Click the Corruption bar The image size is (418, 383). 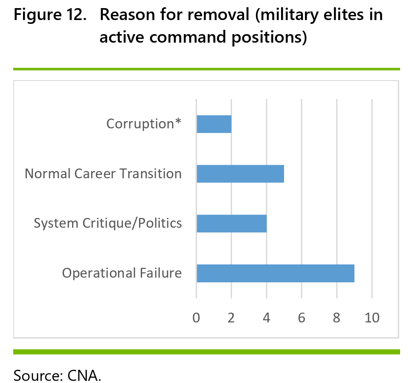tap(214, 124)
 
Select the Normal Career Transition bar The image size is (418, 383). tap(241, 174)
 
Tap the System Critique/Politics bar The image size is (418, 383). tap(232, 223)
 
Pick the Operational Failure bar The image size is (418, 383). tap(276, 273)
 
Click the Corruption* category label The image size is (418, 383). tap(144, 124)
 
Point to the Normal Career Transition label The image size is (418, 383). tap(103, 174)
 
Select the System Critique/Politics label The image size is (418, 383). tap(107, 223)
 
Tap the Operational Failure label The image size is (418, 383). tap(122, 273)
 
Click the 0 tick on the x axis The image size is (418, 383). tap(196, 318)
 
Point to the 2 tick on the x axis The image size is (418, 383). tap(231, 318)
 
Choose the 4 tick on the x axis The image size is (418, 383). tap(266, 318)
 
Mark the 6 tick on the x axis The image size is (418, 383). tap(302, 318)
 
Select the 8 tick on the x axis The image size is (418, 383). tap(337, 318)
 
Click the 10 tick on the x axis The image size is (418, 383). tap(372, 318)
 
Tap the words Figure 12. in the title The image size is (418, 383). tap(50, 15)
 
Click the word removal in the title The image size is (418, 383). tap(218, 15)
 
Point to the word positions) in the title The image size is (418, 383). tap(269, 37)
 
